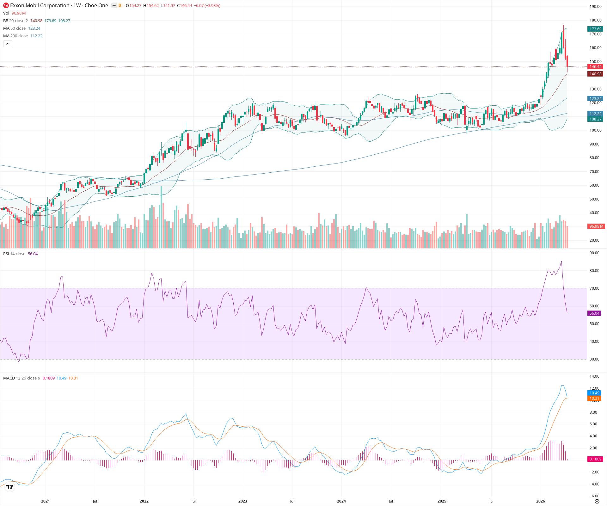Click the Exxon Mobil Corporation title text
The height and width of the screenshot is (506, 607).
click(40, 5)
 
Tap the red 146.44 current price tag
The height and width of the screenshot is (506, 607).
click(595, 67)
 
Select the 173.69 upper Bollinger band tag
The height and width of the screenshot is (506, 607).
click(595, 29)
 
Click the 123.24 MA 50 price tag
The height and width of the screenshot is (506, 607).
click(595, 99)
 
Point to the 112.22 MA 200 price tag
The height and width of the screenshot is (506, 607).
click(595, 114)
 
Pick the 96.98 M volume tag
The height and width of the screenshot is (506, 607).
click(596, 226)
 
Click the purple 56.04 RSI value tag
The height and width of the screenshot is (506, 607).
click(594, 313)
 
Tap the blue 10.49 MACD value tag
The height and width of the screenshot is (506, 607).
click(594, 393)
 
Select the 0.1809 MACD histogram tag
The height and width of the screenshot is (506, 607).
click(595, 459)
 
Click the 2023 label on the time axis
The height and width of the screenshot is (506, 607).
click(243, 501)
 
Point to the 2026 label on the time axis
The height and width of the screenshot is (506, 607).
click(541, 501)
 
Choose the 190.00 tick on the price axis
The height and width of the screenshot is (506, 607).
click(595, 7)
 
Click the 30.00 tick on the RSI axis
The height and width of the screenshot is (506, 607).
click(594, 359)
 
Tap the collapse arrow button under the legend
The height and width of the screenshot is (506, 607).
click(8, 44)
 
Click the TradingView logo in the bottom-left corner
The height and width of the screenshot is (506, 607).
click(10, 487)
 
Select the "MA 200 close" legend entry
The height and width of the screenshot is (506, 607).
click(15, 36)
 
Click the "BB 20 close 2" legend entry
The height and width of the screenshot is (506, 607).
click(15, 21)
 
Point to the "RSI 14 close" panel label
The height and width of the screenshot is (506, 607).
click(14, 254)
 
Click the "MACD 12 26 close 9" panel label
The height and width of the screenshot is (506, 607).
click(21, 378)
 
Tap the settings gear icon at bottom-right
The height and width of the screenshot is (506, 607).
click(597, 502)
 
